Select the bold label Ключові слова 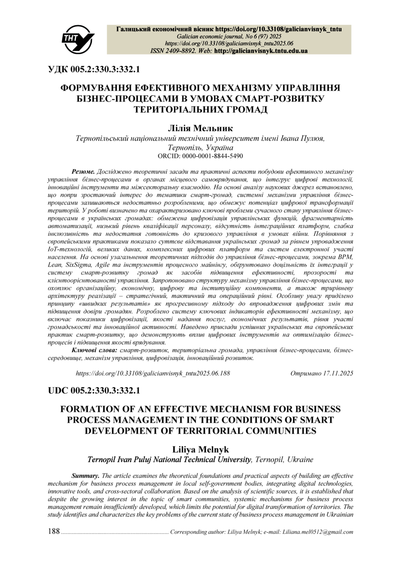(x=94, y=350)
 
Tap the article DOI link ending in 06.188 (x=153, y=373)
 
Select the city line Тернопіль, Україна (x=200, y=148)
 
